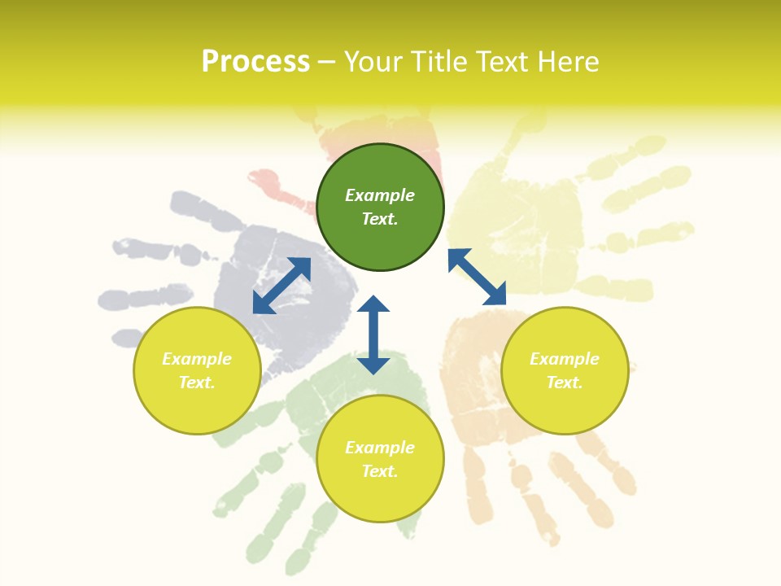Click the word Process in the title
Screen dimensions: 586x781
pos(255,62)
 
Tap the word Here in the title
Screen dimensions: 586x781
pos(567,62)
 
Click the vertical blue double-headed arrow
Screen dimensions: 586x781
pos(373,335)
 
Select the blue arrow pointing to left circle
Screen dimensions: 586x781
pos(281,286)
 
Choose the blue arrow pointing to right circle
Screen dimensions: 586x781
pos(478,277)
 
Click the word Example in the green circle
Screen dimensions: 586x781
pos(380,195)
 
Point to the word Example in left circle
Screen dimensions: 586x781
pos(197,359)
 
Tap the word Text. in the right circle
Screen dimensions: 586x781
pos(565,383)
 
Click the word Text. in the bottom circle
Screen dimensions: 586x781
pos(380,471)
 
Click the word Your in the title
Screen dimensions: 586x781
pos(374,62)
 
